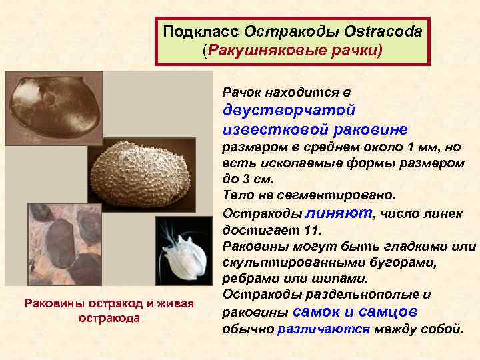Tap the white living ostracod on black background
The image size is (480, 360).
183,257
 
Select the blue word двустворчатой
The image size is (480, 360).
289,109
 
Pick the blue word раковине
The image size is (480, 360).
357,128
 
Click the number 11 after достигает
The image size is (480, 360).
312,230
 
